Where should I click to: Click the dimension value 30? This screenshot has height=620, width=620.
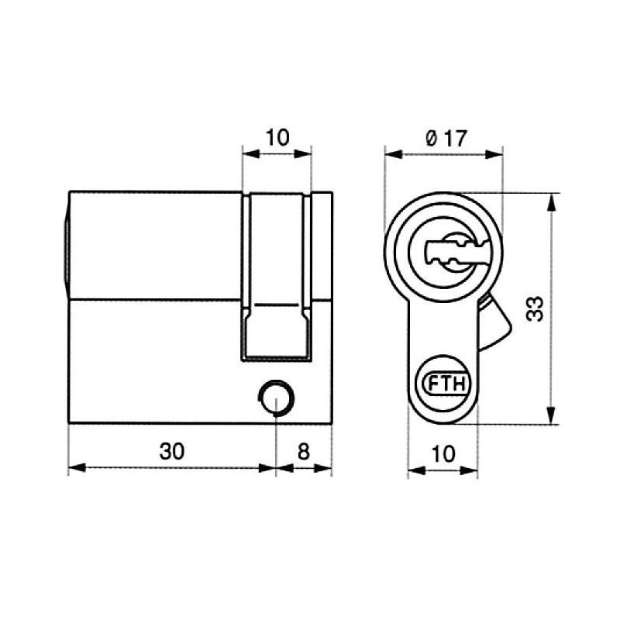point(172,451)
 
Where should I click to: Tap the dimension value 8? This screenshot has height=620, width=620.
point(303,451)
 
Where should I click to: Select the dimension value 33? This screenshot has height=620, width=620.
point(536,308)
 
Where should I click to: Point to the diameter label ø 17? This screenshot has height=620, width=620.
point(446,139)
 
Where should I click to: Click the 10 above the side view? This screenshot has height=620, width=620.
point(277,138)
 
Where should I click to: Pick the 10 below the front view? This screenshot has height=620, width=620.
point(443,454)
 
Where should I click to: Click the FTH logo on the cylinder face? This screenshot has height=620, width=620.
point(447,383)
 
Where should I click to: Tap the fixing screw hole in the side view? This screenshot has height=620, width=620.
point(276,398)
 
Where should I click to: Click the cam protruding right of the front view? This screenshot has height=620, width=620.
point(494,323)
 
